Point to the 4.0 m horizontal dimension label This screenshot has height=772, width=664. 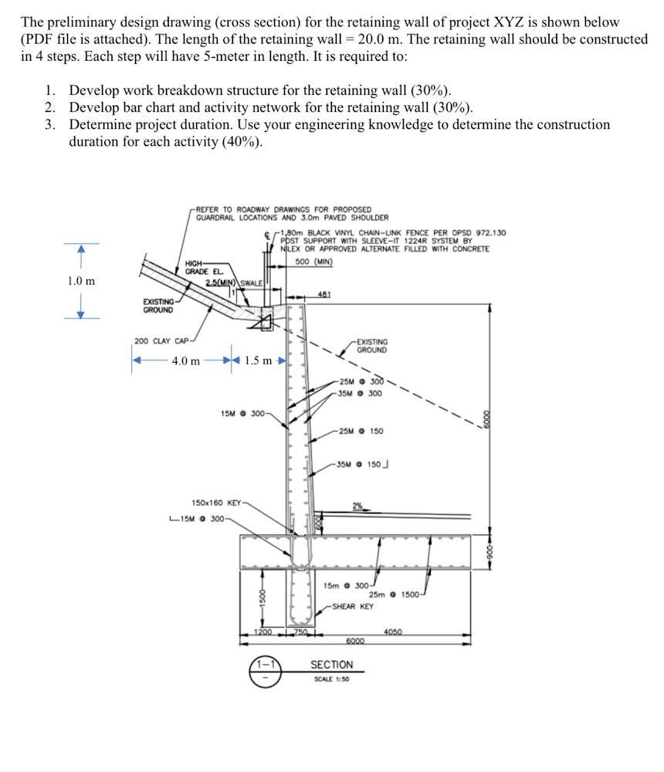(x=185, y=361)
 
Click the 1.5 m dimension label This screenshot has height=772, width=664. (x=258, y=361)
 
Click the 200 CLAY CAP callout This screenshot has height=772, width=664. (x=161, y=340)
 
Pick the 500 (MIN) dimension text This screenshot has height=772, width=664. (x=313, y=261)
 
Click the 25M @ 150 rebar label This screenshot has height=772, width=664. (x=361, y=431)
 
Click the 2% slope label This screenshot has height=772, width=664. (x=358, y=506)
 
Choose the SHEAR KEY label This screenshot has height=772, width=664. (x=353, y=606)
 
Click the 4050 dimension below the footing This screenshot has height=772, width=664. (x=395, y=632)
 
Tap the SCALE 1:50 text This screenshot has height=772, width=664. (x=331, y=679)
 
